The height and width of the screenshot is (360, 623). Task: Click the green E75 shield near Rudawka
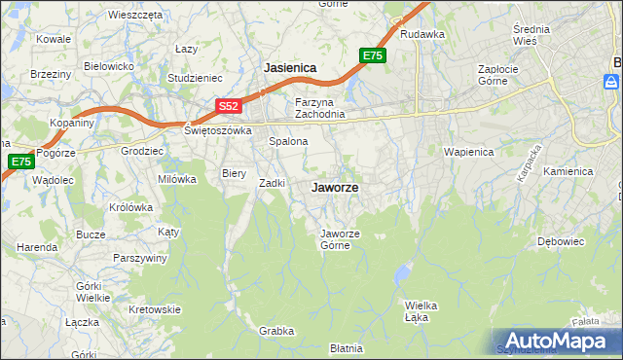(x=373, y=56)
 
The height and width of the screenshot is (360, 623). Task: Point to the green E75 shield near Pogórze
(x=20, y=162)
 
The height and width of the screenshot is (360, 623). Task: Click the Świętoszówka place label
(x=218, y=130)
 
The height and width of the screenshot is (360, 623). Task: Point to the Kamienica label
(x=568, y=171)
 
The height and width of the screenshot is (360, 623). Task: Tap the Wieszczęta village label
(x=135, y=16)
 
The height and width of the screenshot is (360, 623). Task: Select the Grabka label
(x=276, y=331)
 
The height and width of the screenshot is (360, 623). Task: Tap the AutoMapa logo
(x=556, y=341)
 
